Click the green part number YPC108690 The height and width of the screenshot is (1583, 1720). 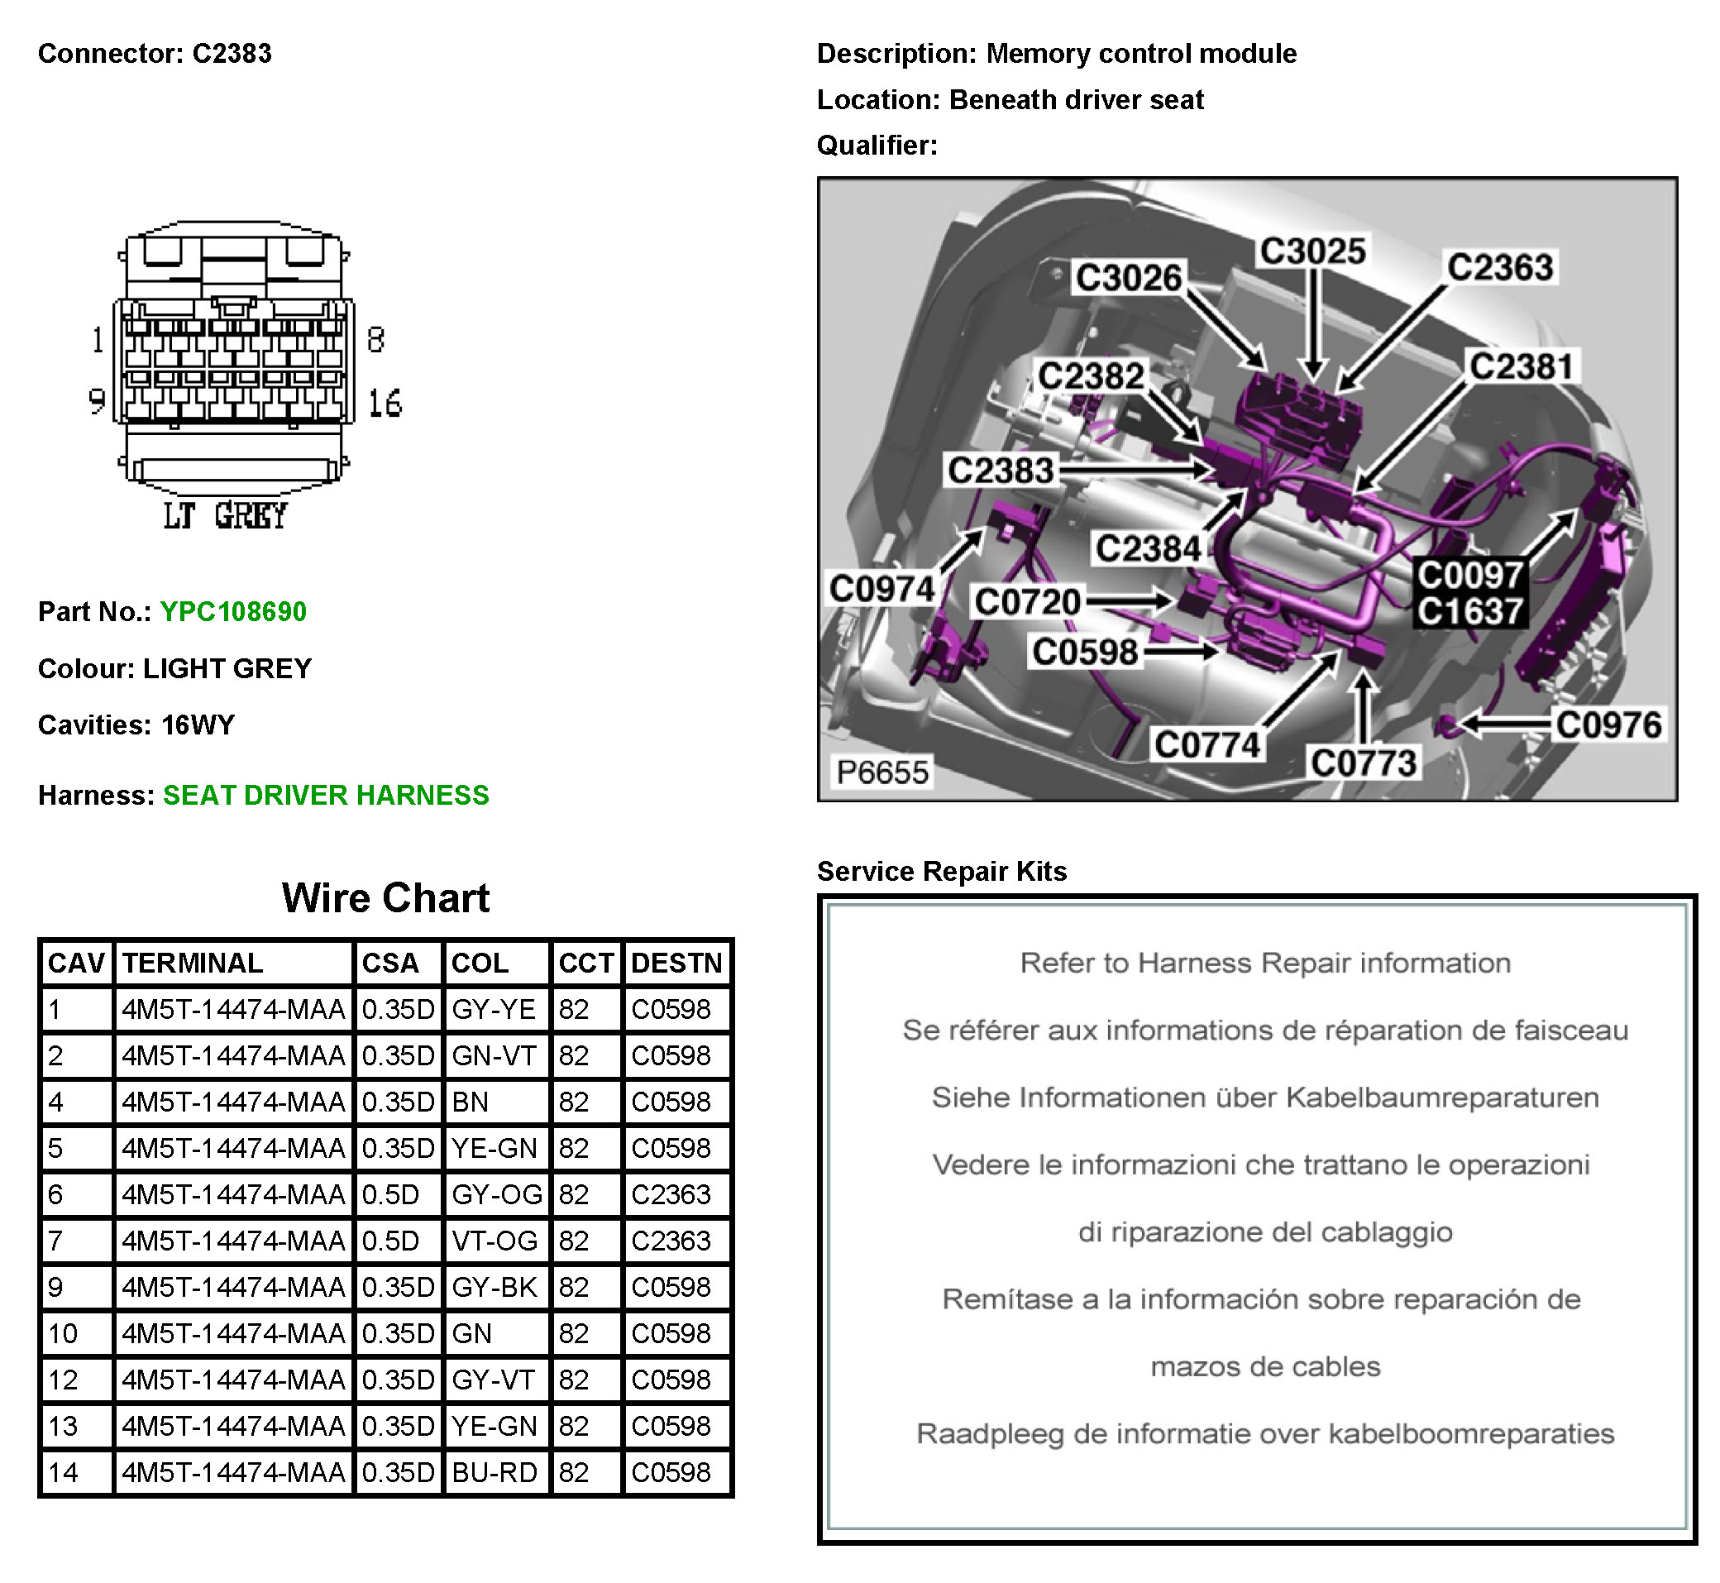pos(232,612)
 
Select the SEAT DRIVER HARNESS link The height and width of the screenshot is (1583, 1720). pos(326,795)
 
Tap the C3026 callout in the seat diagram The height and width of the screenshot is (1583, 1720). pos(1128,278)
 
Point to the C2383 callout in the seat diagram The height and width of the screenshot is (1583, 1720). pos(1000,471)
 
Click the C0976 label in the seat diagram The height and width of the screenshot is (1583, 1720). pos(1608,725)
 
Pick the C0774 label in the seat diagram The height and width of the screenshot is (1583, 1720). pos(1207,744)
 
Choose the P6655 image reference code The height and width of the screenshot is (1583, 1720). pos(881,772)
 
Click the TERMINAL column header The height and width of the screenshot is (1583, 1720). pos(193,963)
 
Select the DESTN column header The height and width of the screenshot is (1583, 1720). pos(676,963)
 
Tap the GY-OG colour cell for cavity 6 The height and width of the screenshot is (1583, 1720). pos(497,1194)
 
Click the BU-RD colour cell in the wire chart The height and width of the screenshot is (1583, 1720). pos(494,1471)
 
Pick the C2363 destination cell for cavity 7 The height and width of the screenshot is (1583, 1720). pos(671,1241)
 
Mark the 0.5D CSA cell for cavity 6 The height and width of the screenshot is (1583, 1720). pos(390,1194)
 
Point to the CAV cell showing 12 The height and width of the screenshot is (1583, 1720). pos(64,1380)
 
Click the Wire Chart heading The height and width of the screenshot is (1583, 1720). pos(385,897)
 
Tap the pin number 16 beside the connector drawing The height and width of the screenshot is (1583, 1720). pos(385,404)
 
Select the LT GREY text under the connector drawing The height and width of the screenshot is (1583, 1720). pos(225,516)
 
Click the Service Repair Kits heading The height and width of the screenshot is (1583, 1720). pos(941,871)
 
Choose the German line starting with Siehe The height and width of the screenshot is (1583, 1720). pos(1264,1098)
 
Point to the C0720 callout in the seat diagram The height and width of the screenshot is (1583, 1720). pos(1027,601)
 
